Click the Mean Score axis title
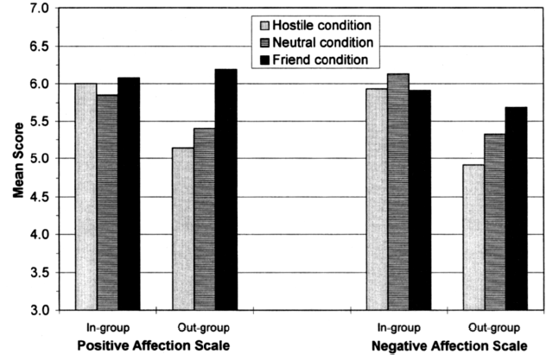(17, 158)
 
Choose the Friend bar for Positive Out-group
(226, 189)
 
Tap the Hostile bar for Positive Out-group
(182, 229)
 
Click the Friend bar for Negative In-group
(420, 199)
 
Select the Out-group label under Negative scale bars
(494, 328)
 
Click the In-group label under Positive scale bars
(107, 328)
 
